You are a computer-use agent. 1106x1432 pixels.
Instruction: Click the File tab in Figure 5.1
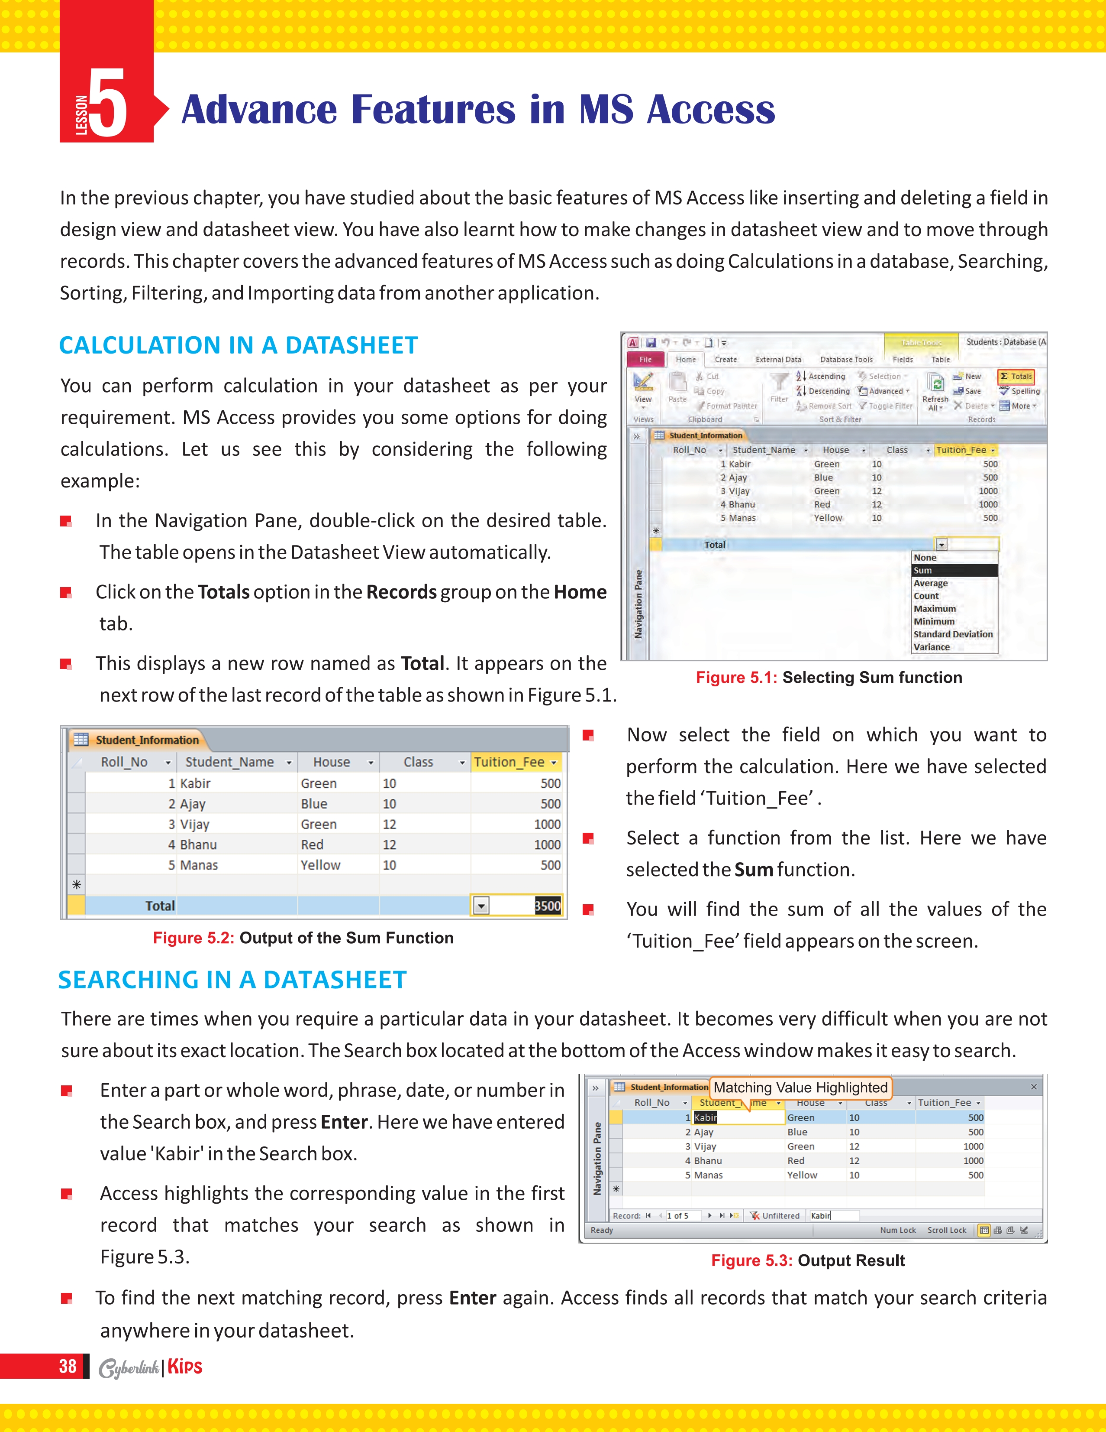[645, 359]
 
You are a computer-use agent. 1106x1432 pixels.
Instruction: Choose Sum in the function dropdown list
[954, 571]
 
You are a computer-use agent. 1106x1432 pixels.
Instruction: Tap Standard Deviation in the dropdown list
[953, 634]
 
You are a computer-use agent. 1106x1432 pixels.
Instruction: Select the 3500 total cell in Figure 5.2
[547, 906]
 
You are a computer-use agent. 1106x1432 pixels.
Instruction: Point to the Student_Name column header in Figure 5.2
[229, 762]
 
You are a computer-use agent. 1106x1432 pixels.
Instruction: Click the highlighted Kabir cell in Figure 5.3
[706, 1117]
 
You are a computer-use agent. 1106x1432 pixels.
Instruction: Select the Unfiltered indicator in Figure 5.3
[775, 1216]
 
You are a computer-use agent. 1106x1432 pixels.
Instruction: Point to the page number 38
[68, 1367]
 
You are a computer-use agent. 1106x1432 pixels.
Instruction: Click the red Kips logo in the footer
[185, 1367]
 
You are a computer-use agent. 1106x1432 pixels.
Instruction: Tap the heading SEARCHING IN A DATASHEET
[232, 980]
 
